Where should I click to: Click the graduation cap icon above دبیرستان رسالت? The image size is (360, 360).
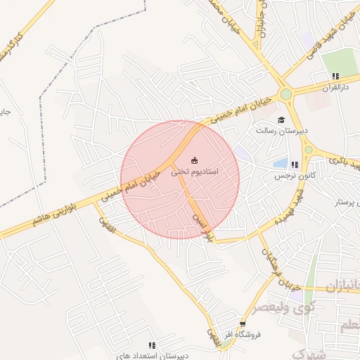point(281,119)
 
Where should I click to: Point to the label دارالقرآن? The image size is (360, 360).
point(335,87)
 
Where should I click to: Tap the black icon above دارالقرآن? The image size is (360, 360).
point(335,76)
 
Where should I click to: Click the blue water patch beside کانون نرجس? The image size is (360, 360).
point(278,164)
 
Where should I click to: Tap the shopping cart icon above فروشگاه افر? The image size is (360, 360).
point(243,324)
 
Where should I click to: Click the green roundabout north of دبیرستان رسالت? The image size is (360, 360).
point(285,94)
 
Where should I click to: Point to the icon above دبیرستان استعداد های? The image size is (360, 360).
point(152,345)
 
